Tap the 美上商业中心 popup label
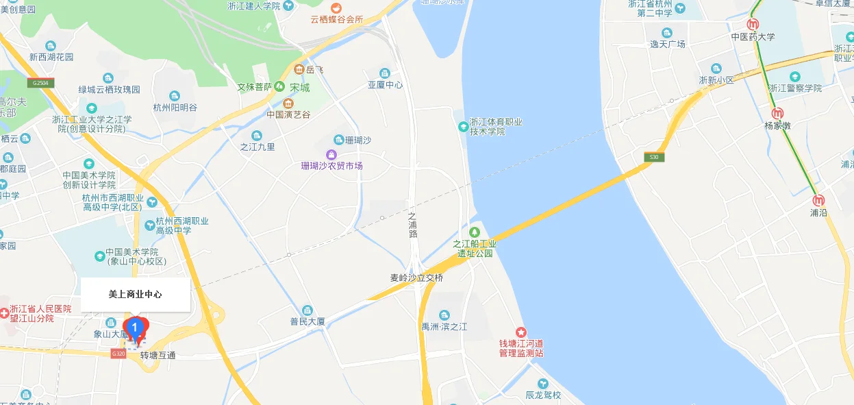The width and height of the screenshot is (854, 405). click(136, 295)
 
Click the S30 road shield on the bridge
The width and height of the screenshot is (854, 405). click(654, 158)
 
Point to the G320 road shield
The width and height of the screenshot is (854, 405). click(118, 354)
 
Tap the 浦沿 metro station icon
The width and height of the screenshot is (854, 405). click(818, 201)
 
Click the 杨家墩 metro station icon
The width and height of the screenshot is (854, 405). click(777, 114)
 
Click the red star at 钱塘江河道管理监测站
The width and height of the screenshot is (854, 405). click(521, 332)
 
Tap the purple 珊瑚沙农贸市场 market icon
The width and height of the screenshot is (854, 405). click(331, 154)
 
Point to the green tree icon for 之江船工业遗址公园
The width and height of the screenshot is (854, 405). click(474, 232)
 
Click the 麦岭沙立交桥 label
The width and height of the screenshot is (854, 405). click(417, 278)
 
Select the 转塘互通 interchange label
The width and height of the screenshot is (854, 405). click(158, 356)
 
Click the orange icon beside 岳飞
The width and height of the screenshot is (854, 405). click(299, 69)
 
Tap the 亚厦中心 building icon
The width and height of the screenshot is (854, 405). click(385, 73)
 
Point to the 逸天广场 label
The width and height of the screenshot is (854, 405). click(668, 44)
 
